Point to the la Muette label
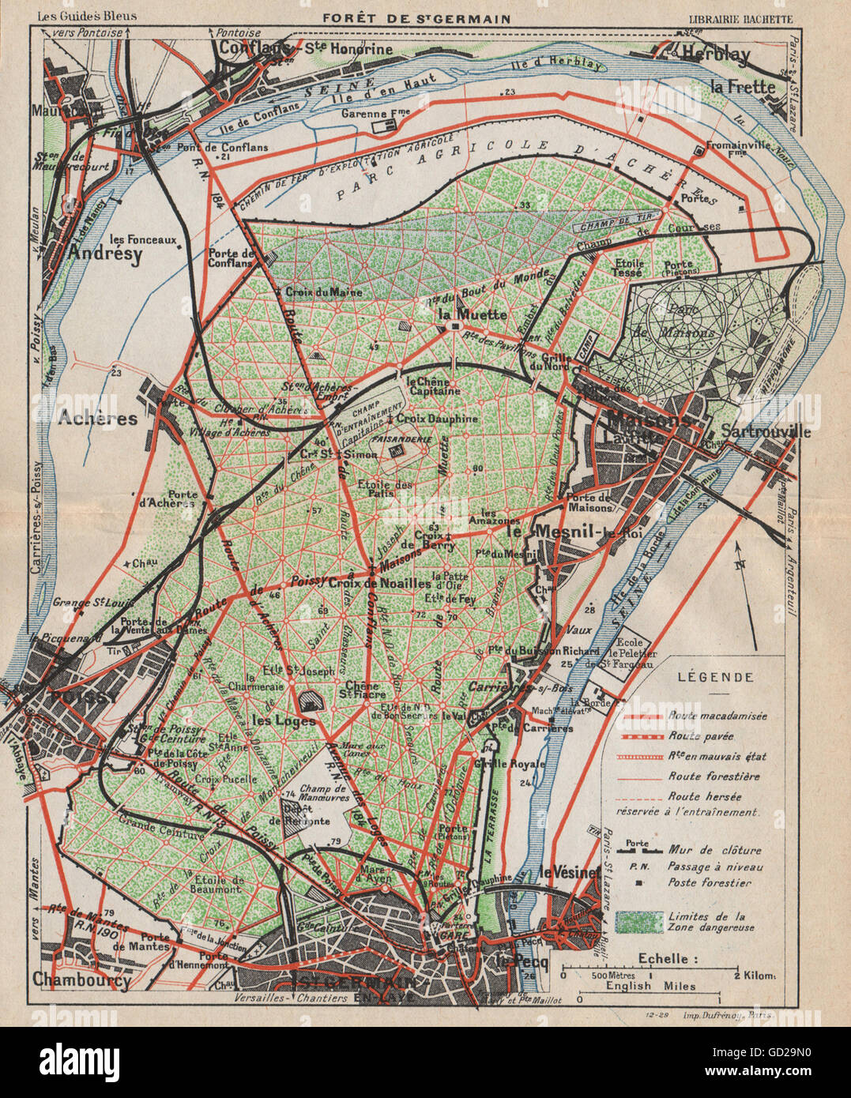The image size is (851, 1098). click(x=472, y=314)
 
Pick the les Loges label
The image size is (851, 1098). click(x=284, y=720)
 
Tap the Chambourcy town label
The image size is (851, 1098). click(x=81, y=980)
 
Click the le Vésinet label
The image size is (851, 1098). click(x=567, y=873)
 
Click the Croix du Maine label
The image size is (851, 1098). click(x=323, y=292)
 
